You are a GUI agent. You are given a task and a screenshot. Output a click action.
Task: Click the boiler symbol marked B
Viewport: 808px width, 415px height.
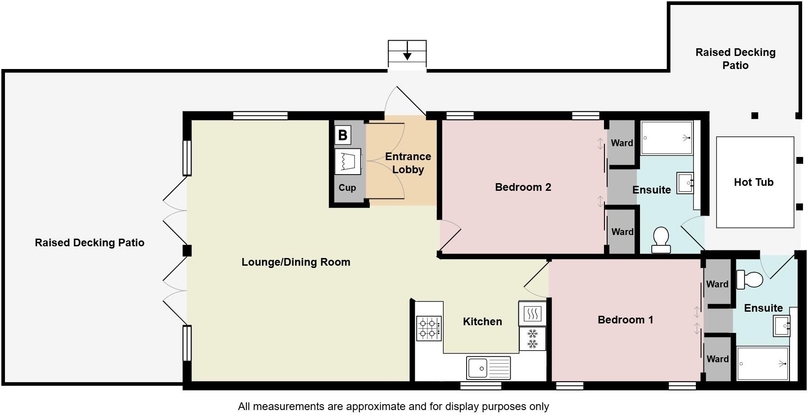(x=343, y=135)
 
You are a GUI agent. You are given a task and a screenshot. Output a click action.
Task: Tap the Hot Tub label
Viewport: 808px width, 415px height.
(x=754, y=182)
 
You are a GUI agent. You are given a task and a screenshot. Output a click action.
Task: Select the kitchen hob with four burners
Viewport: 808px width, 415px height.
(x=429, y=328)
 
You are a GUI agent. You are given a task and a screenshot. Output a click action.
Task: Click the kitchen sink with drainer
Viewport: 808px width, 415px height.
(x=488, y=368)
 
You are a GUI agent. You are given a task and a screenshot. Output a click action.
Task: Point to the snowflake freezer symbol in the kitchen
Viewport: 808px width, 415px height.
(x=532, y=339)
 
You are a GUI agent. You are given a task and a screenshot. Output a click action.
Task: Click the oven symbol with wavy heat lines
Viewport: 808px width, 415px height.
(x=532, y=313)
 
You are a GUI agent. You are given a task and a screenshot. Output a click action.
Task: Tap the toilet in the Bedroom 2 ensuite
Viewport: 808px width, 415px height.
(x=661, y=240)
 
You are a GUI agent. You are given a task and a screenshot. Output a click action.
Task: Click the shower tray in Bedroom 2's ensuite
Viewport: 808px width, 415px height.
(x=667, y=138)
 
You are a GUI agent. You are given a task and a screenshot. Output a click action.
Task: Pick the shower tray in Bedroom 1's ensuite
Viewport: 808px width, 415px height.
(x=762, y=364)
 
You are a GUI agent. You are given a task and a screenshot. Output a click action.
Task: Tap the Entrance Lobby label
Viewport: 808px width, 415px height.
(x=408, y=163)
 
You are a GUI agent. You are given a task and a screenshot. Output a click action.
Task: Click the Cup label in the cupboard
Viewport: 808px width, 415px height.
(x=347, y=188)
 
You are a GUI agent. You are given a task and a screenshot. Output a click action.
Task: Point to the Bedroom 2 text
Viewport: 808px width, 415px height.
(x=523, y=187)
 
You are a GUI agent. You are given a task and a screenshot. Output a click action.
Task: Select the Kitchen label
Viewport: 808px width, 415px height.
(x=482, y=322)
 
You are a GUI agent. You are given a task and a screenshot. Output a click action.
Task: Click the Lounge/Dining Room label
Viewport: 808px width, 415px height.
(x=296, y=262)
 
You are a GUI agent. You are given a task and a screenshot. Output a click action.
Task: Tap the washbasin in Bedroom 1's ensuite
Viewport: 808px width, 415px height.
(x=782, y=326)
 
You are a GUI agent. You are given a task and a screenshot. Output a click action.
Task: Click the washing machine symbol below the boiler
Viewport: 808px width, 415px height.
(x=348, y=161)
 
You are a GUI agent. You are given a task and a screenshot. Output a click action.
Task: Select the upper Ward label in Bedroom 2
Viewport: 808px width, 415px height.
(x=622, y=143)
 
